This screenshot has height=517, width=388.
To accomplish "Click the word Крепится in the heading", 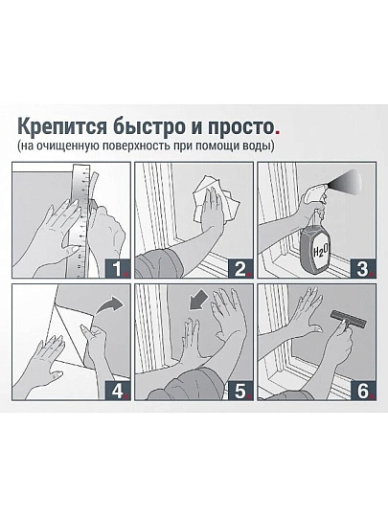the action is [x=62, y=126].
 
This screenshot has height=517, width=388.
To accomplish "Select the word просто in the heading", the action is [x=240, y=127].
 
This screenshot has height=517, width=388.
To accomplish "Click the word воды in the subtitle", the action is [x=260, y=146].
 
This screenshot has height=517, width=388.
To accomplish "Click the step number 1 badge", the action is [x=118, y=268].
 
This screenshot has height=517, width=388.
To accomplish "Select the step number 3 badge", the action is [x=364, y=268].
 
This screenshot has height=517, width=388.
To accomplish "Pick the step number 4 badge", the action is [x=118, y=391].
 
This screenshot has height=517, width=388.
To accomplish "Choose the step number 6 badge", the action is [x=364, y=391].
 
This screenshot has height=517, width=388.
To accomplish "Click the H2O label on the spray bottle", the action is [x=320, y=252].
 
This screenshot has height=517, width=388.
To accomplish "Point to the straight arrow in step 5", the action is [x=198, y=302].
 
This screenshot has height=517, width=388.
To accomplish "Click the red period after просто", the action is [x=277, y=133].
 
